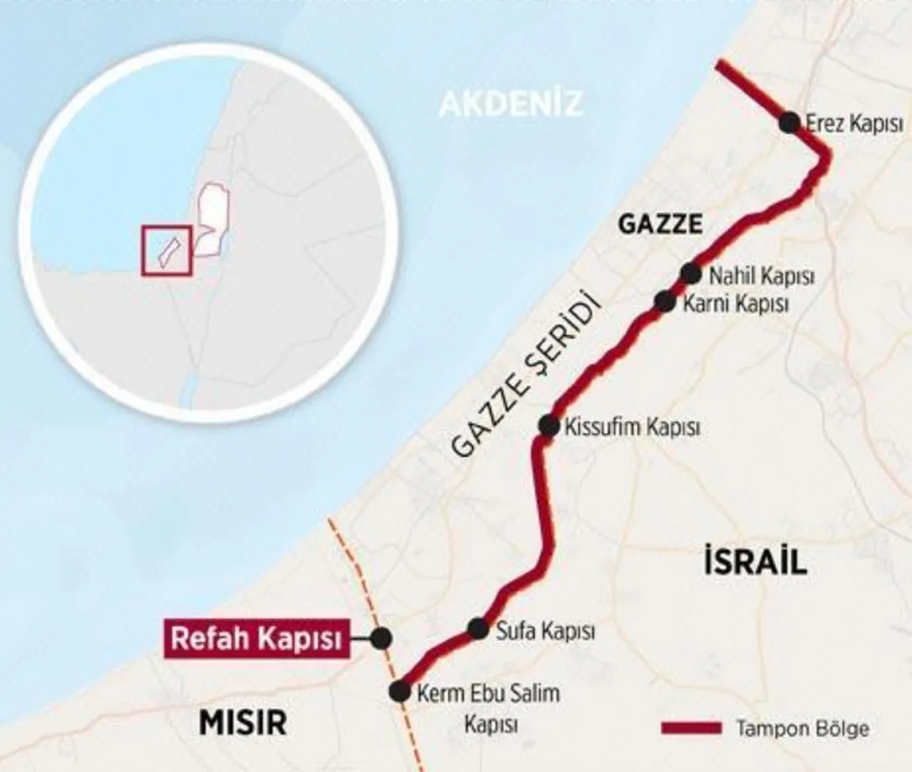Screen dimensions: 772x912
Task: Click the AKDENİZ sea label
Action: [x=510, y=103]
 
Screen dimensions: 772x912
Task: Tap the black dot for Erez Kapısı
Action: [x=789, y=122]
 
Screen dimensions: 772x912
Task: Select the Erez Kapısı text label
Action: [x=854, y=123]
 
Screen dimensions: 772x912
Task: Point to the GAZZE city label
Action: [x=660, y=224]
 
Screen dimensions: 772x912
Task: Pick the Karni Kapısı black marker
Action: [x=665, y=302]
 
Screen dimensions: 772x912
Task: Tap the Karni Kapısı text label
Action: [x=735, y=304]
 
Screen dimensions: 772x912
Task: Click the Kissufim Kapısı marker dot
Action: [x=549, y=426]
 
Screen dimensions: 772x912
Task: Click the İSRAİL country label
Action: [x=755, y=563]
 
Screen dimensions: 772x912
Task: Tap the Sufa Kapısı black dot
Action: [x=478, y=629]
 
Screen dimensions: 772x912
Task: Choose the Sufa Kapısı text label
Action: [x=544, y=631]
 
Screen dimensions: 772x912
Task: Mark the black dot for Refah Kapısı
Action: [x=382, y=638]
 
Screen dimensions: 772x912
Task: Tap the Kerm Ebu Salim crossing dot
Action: [x=400, y=691]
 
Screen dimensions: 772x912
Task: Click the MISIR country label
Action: [x=243, y=722]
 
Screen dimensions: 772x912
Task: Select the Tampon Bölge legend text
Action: [x=802, y=729]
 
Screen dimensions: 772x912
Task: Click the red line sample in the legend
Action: [x=690, y=728]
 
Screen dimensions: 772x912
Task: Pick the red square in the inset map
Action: [x=167, y=250]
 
